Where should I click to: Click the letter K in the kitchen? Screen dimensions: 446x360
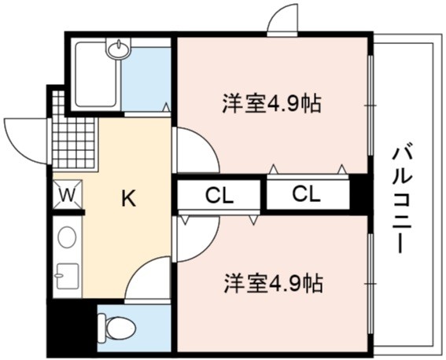pyautogui.click(x=128, y=198)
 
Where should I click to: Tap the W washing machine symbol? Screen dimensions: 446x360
pyautogui.click(x=68, y=195)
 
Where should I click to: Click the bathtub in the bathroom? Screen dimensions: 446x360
pyautogui.click(x=96, y=75)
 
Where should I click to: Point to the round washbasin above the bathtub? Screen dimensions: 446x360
pyautogui.click(x=119, y=47)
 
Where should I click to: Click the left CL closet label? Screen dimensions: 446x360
pyautogui.click(x=219, y=196)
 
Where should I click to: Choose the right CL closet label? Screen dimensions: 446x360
pyautogui.click(x=306, y=194)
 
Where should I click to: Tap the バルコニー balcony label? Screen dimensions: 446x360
pyautogui.click(x=402, y=200)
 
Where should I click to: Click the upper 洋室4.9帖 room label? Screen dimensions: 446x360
pyautogui.click(x=272, y=103)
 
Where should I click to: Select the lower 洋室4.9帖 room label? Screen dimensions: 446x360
pyautogui.click(x=274, y=283)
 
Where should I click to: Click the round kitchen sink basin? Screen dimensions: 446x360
pyautogui.click(x=67, y=237)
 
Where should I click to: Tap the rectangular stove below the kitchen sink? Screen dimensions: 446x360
pyautogui.click(x=68, y=276)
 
